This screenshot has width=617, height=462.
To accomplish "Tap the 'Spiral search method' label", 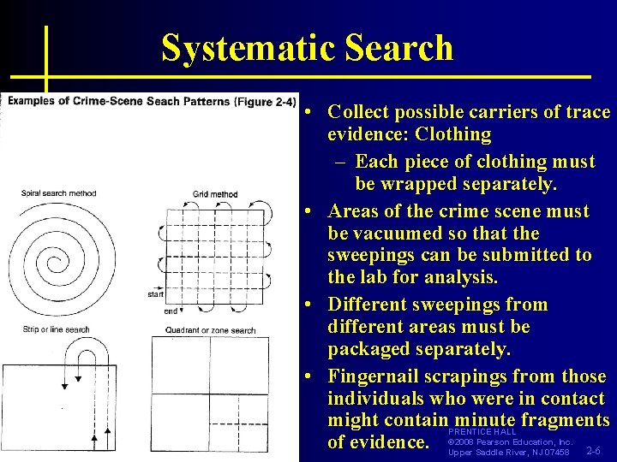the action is coord(58,193).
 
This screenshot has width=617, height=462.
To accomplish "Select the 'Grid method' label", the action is coord(215,194).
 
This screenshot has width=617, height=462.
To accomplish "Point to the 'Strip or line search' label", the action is coord(55,329).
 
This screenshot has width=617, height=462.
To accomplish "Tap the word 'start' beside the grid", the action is coord(155,295).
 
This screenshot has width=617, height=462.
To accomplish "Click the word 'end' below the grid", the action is coord(171,311).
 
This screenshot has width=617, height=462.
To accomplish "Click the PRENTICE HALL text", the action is coord(482,432).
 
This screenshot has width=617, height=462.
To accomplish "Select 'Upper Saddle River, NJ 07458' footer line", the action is coord(509,452).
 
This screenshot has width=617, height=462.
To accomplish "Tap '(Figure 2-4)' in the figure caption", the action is coord(265,101).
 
